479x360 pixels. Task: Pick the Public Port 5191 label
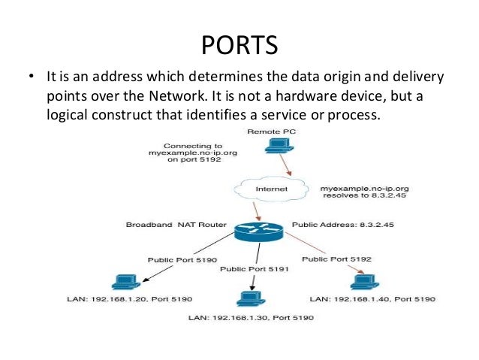pyautogui.click(x=249, y=268)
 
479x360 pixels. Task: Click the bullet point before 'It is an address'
pyautogui.click(x=32, y=78)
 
